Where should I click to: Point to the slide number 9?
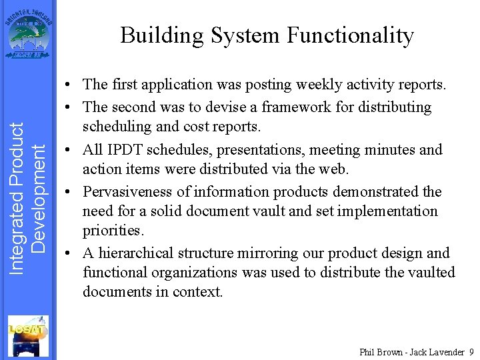(x=471, y=351)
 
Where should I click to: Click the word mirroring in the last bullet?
(x=275, y=253)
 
